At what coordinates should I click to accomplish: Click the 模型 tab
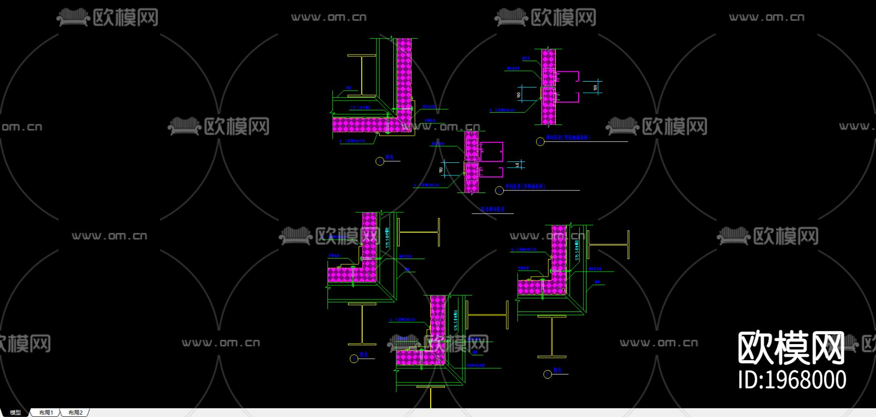click(16, 413)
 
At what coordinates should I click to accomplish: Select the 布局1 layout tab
click(46, 413)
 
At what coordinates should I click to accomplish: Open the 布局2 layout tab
click(75, 413)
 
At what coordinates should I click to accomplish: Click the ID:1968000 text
click(792, 380)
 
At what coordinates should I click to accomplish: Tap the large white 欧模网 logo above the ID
click(791, 348)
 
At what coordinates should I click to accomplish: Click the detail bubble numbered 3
click(499, 191)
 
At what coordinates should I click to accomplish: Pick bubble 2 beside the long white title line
click(540, 141)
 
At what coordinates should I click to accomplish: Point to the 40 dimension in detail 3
click(517, 165)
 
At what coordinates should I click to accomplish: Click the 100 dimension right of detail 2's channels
click(595, 87)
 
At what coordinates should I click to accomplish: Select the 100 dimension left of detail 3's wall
click(441, 170)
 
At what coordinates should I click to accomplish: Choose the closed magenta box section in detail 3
click(492, 152)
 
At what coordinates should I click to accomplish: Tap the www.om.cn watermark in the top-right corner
click(766, 17)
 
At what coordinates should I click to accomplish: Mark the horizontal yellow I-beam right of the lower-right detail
click(608, 244)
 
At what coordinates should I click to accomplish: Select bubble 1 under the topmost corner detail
click(380, 161)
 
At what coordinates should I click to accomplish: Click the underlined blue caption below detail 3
click(493, 209)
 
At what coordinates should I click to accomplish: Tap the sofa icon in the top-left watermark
click(73, 17)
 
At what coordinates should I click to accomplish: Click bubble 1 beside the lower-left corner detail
click(354, 359)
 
